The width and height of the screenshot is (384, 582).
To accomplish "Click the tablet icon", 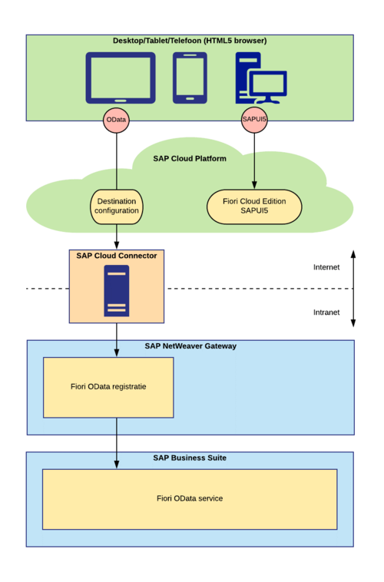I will coord(120,78).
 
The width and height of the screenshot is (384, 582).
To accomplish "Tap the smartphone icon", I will coord(190,77).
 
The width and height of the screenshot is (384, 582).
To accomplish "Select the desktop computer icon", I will coord(260,78).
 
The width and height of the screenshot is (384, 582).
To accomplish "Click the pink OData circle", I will coord(116,121).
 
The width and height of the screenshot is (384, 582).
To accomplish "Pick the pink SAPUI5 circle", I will coord(254,121).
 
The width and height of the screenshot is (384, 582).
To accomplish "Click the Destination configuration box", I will coord(117,206).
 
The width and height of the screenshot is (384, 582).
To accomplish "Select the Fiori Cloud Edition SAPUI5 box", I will coord(254,206).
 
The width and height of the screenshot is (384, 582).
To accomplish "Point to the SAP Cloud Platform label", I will coord(190,159).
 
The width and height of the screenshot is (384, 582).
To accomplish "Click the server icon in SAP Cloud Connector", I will coord(117,291).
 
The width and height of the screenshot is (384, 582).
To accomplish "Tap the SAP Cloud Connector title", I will coord(117,255).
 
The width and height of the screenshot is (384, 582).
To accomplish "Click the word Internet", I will coord(326,267).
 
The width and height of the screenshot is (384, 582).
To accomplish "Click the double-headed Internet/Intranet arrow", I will coord(353,288).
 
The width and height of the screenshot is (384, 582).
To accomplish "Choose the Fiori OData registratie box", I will coord(108,387).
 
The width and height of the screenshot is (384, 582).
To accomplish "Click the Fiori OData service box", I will coord(190,499).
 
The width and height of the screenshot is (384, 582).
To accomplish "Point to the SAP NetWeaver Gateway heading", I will coord(190,346).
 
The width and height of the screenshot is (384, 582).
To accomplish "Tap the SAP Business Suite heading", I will coord(190,458).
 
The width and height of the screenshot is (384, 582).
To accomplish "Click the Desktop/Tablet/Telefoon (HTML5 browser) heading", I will coord(190,41).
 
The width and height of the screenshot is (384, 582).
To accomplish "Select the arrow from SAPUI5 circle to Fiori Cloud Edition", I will coord(254,161).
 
